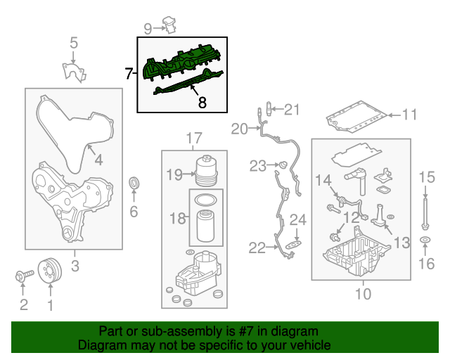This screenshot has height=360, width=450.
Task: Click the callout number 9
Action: point(148,28)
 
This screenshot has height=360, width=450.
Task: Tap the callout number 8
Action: point(202,103)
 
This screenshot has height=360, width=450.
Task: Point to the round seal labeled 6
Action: point(134,184)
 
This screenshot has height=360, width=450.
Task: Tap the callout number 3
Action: point(75,265)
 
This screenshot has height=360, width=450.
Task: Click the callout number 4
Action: point(98,160)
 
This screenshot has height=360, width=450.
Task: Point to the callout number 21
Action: point(292,109)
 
